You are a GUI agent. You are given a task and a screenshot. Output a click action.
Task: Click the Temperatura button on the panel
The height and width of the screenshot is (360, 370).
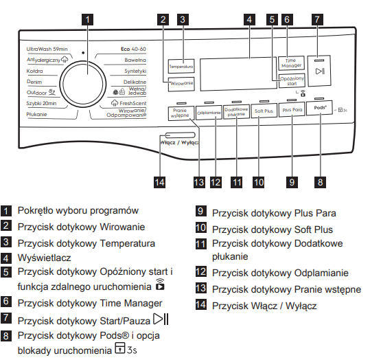tap(181, 67)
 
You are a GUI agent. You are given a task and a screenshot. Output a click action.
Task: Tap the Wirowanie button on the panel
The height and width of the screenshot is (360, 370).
tap(181, 84)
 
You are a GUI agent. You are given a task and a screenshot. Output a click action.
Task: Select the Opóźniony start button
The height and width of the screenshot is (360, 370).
tap(292, 81)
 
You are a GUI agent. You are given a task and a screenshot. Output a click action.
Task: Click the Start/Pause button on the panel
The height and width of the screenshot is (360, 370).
tap(319, 71)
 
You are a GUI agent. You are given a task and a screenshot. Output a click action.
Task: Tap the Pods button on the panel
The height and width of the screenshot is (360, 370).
tap(319, 108)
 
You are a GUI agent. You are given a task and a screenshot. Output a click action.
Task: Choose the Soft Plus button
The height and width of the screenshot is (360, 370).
tap(264, 111)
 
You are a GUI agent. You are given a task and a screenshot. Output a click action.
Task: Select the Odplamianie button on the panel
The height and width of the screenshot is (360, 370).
tap(209, 113)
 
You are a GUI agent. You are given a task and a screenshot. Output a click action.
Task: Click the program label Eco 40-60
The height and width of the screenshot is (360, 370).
tap(133, 49)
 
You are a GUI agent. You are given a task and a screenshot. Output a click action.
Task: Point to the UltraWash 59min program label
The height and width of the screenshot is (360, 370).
tap(47, 49)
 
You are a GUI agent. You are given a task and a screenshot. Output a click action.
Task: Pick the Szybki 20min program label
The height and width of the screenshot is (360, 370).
tap(41, 103)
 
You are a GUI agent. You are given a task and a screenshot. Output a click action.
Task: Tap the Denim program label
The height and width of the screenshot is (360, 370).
tap(34, 82)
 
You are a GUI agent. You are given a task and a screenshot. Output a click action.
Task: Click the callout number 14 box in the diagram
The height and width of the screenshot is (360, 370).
tap(159, 182)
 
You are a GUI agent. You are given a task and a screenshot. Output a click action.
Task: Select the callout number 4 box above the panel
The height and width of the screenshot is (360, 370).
tap(249, 19)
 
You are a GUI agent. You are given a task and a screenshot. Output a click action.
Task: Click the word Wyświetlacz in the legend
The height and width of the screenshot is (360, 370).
tap(45, 258)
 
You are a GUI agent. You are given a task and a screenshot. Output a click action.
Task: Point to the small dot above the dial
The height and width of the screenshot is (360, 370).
tap(83, 53)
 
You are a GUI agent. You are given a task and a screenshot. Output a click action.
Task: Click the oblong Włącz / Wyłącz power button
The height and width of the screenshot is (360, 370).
tap(181, 135)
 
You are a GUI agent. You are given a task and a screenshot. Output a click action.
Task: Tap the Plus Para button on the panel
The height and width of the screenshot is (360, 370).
tap(292, 110)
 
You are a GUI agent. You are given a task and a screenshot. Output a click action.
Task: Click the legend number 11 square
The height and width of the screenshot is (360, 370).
tap(201, 243)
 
